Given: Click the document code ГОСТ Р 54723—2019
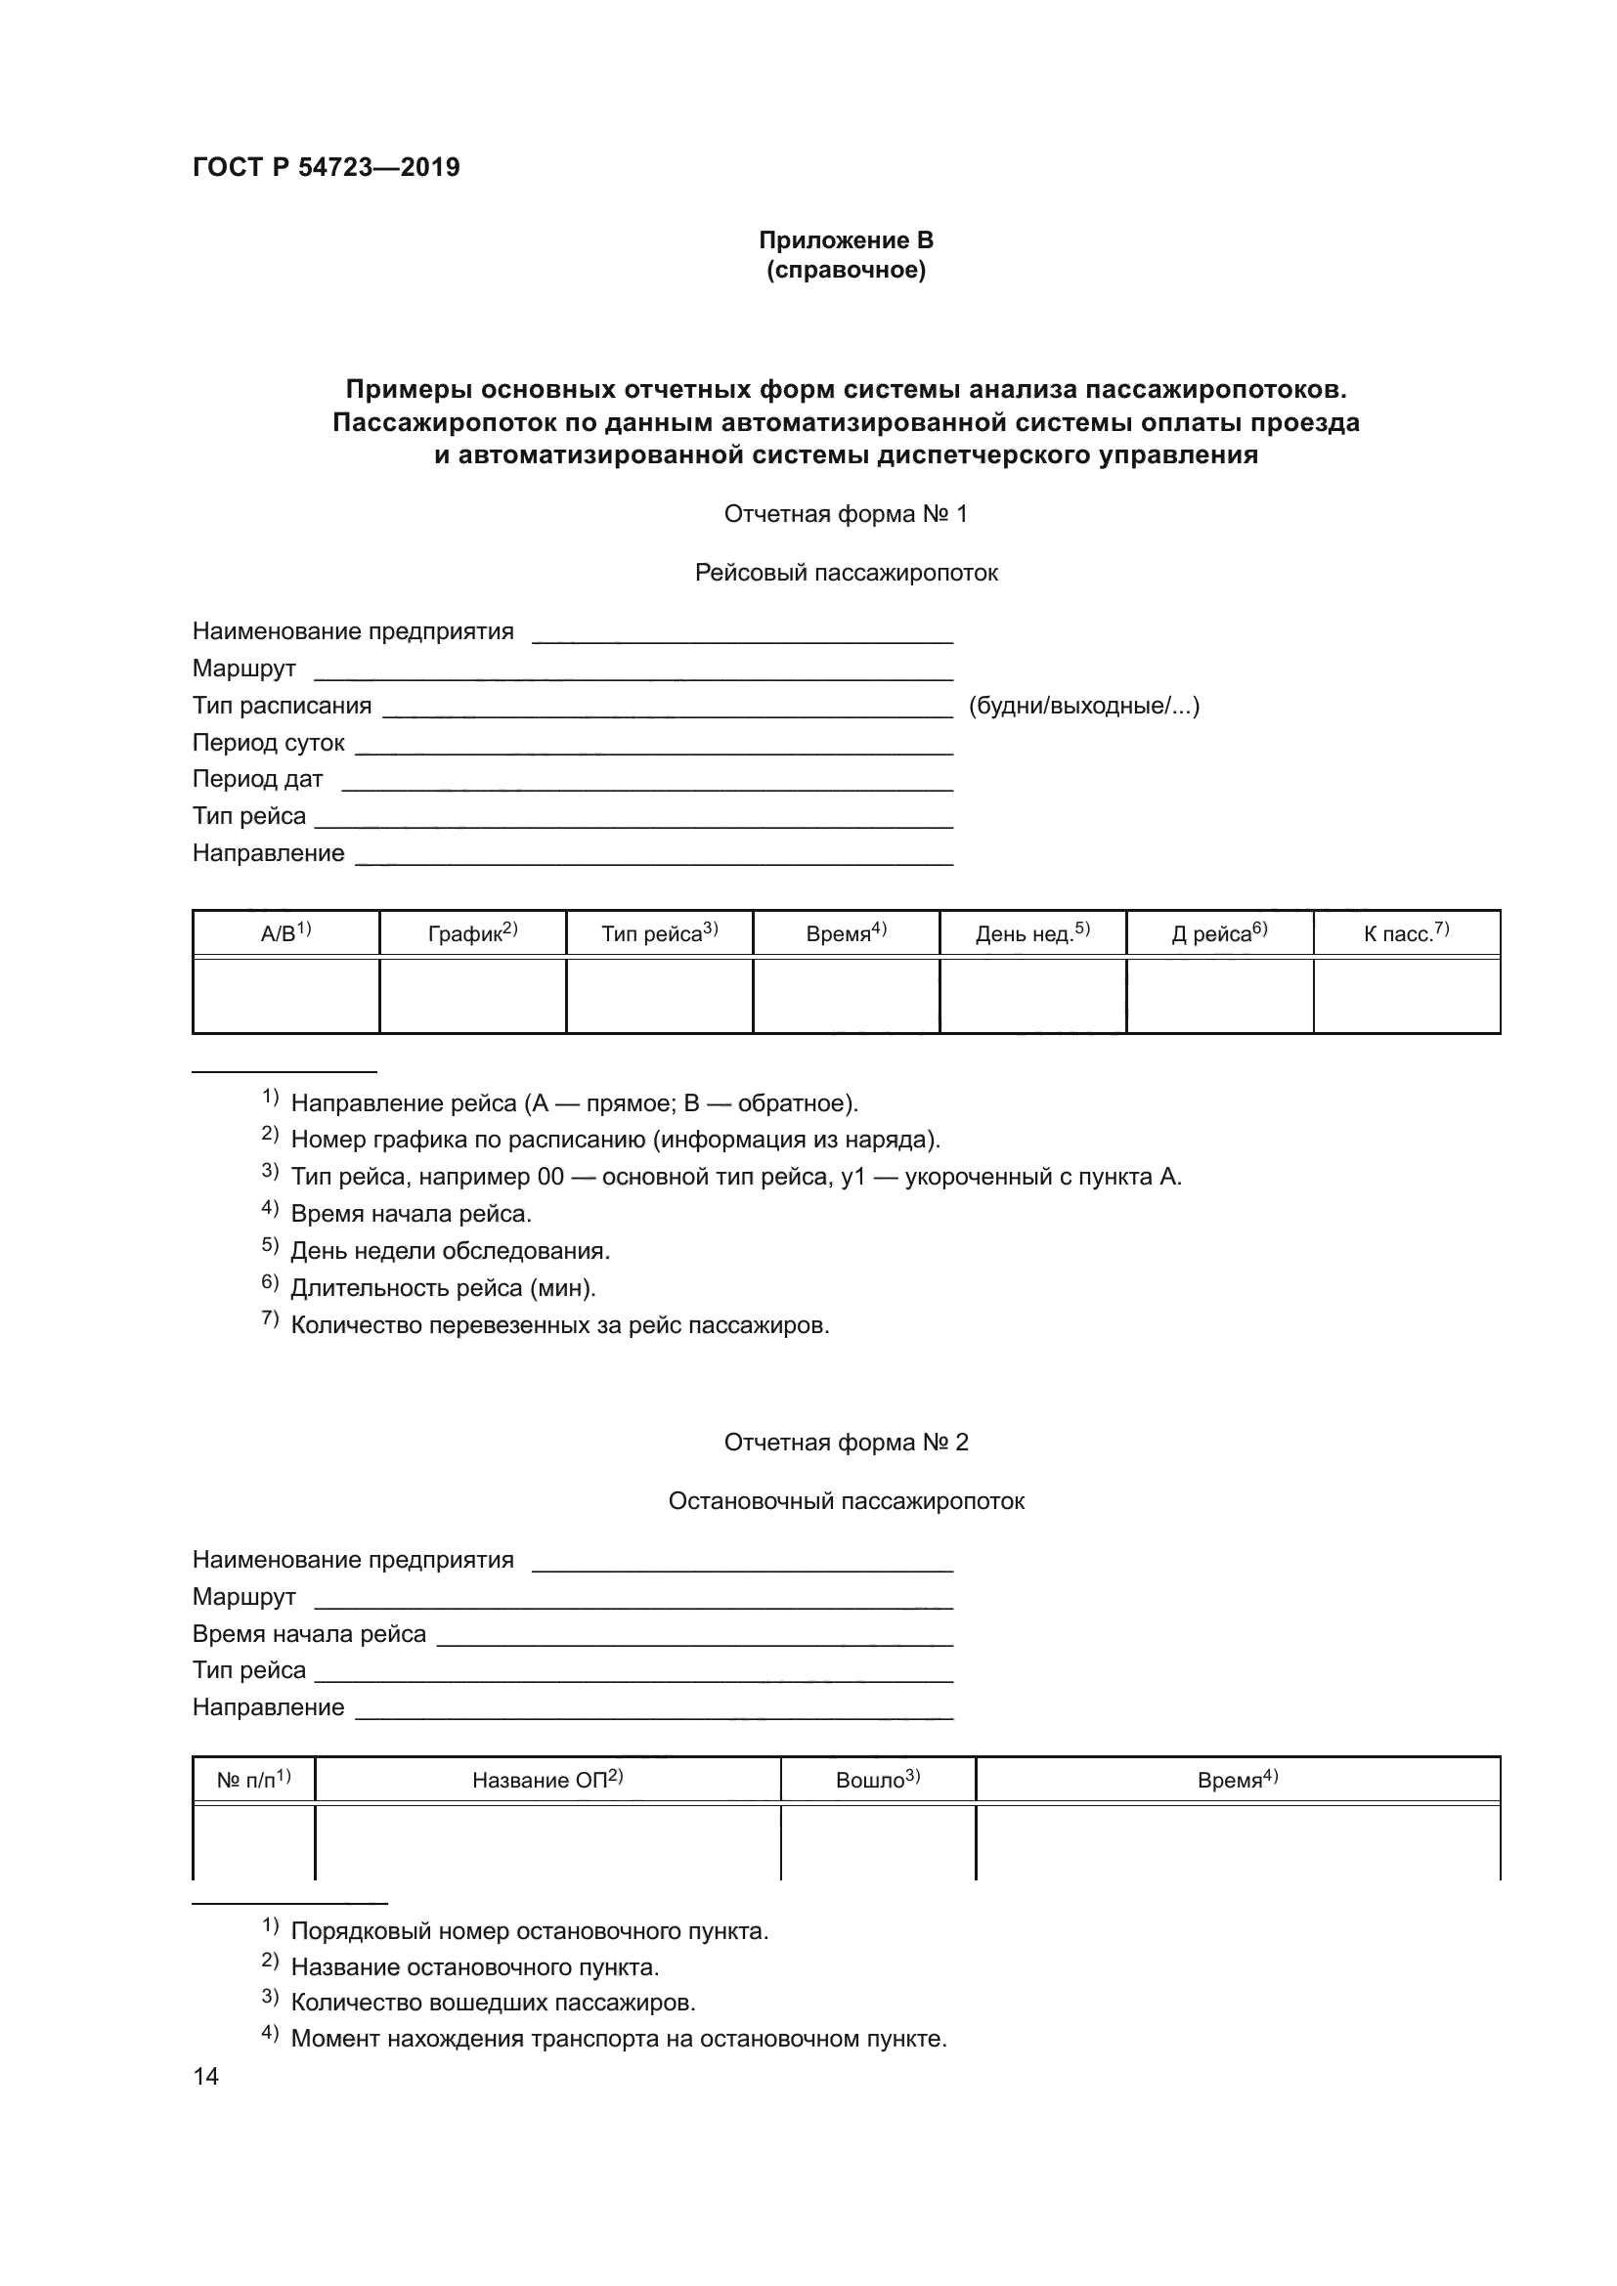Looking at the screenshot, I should point(326,167).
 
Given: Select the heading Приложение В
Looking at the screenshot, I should point(846,240).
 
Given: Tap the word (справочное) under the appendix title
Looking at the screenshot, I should point(846,271).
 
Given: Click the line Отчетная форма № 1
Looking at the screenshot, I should point(846,514).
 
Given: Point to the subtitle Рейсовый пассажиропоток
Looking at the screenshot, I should point(846,573).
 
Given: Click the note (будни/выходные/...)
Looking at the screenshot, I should point(1083,706).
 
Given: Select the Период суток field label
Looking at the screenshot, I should point(268,743).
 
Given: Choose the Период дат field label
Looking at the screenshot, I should point(257,780).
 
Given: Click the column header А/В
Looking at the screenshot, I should point(284,934).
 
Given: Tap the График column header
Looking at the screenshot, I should point(472,934).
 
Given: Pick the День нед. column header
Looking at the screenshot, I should point(1032,934).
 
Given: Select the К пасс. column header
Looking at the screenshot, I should point(1406,934).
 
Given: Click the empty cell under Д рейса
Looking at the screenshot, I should point(1220,996).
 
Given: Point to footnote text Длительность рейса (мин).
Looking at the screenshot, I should point(443,1288).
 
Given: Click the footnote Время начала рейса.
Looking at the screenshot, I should point(412,1214).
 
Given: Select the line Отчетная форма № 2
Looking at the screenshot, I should point(846,1443).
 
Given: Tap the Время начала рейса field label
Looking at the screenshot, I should point(309,1634).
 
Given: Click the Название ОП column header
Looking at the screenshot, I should point(546,1780).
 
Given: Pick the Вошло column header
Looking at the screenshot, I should point(877,1780).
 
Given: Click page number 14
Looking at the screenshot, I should point(205,2077).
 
